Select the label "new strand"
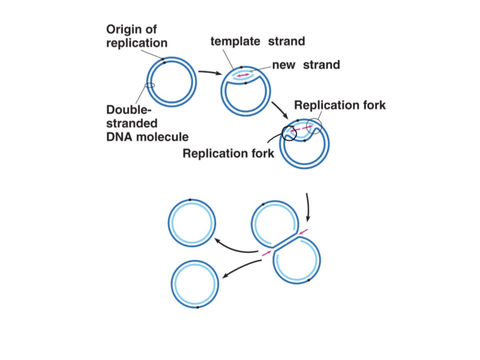305,64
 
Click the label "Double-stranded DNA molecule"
140,123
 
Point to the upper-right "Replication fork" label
340,105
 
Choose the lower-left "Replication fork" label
228,153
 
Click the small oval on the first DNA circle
150,85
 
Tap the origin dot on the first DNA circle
163,59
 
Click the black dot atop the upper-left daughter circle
190,200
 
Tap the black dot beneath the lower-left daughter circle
198,307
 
